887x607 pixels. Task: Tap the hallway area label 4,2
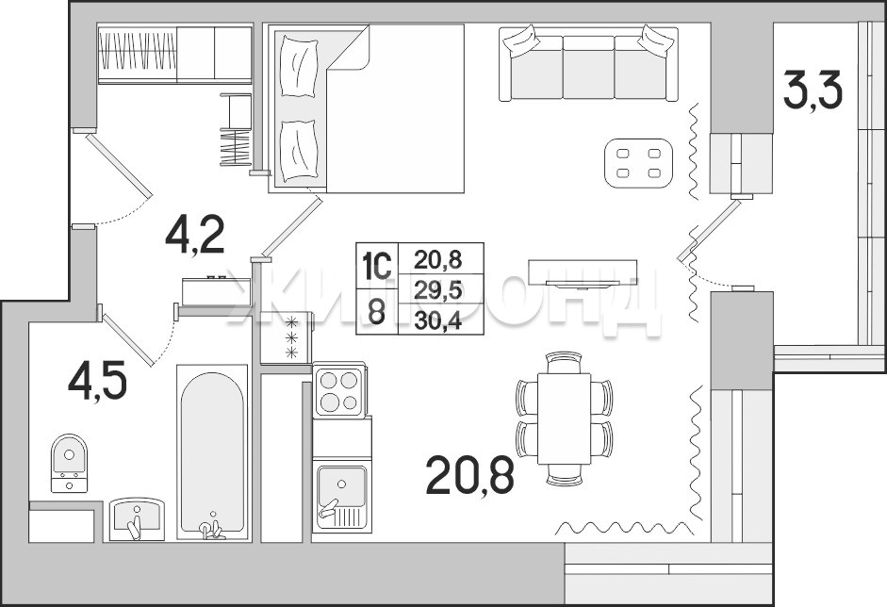(194, 236)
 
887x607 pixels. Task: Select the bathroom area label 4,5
(97, 382)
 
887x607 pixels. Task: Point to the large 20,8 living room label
(469, 476)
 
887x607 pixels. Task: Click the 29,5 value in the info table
(437, 290)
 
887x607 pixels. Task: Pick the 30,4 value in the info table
(437, 321)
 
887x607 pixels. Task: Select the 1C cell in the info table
(377, 267)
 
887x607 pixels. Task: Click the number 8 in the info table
(377, 311)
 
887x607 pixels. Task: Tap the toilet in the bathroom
(70, 463)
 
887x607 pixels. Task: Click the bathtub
(212, 452)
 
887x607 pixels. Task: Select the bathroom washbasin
(137, 518)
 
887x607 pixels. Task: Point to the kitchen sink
(341, 497)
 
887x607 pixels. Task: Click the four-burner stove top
(339, 389)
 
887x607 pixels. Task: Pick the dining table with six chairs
(564, 418)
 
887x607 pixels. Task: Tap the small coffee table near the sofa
(639, 163)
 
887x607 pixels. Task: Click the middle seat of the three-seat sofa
(588, 67)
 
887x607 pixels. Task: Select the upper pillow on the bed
(299, 67)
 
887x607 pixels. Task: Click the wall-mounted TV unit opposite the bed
(583, 273)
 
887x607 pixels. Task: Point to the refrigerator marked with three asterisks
(287, 337)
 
